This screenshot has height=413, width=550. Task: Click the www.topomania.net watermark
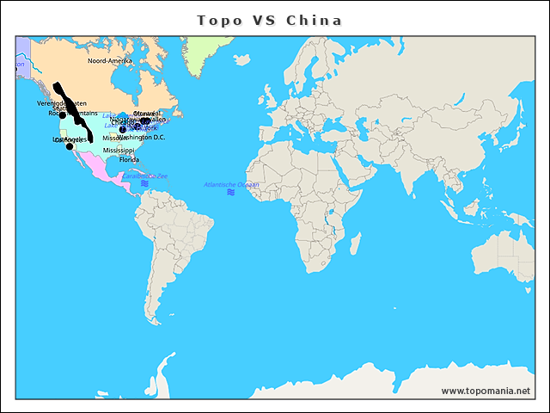click(486, 391)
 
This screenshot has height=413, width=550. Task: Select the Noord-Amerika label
click(110, 61)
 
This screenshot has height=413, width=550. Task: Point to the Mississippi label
click(119, 151)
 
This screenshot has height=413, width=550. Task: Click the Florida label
click(129, 160)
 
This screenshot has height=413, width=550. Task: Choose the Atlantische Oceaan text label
click(230, 184)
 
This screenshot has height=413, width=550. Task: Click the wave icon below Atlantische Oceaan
click(230, 193)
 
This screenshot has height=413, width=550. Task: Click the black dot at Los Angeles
click(70, 146)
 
